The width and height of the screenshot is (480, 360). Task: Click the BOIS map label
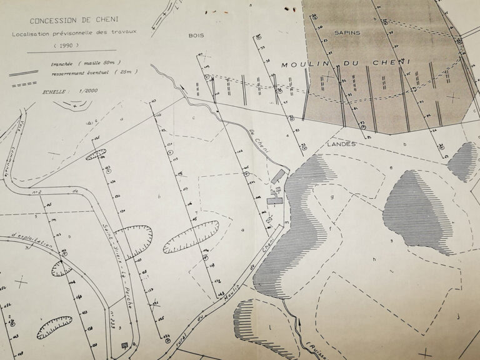click(196, 36)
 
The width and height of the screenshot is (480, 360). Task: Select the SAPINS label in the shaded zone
click(347, 32)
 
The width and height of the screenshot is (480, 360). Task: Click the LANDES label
click(341, 144)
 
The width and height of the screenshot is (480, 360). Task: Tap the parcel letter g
click(332, 197)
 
